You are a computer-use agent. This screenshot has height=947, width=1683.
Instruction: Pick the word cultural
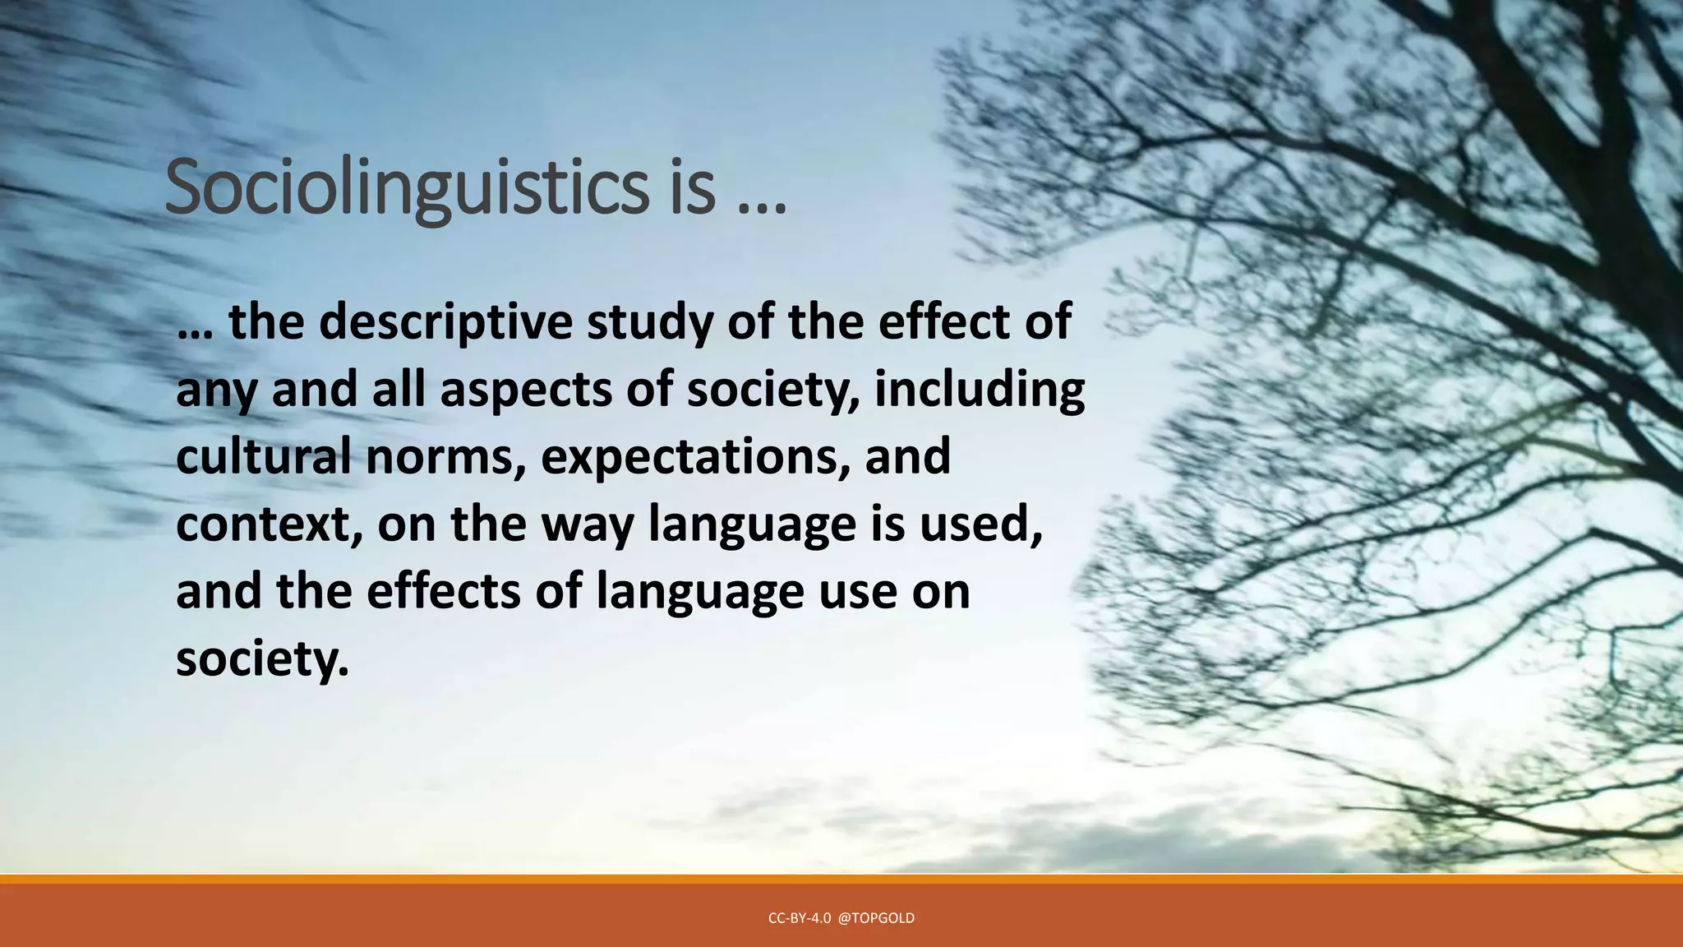(263, 456)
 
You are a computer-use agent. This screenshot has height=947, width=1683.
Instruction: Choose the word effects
(443, 591)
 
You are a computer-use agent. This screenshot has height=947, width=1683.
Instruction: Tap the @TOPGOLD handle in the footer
(876, 918)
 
